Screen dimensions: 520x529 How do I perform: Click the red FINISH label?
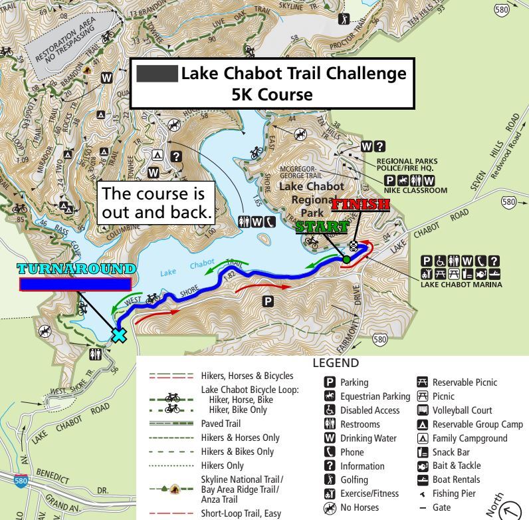coord(360,204)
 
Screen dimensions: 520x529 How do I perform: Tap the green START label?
coord(322,226)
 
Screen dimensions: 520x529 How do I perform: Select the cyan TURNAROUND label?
coord(76,269)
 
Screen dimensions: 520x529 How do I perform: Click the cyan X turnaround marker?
coord(118,334)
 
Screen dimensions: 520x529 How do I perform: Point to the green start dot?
coord(346,259)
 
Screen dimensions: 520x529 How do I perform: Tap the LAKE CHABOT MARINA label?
coord(461,285)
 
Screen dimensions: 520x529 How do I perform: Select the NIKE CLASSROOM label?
coord(415,190)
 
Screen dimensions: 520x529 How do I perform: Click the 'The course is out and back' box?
coord(157,203)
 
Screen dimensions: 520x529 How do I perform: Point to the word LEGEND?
coord(335,363)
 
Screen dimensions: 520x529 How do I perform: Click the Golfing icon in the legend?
coord(330,479)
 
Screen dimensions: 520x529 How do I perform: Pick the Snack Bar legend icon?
coord(421,452)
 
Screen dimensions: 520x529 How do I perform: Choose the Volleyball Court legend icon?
coord(421,410)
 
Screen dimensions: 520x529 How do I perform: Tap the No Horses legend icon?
coord(330,508)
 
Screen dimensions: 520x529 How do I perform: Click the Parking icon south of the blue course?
coord(268,302)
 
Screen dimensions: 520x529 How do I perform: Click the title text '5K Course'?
coord(271,94)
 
